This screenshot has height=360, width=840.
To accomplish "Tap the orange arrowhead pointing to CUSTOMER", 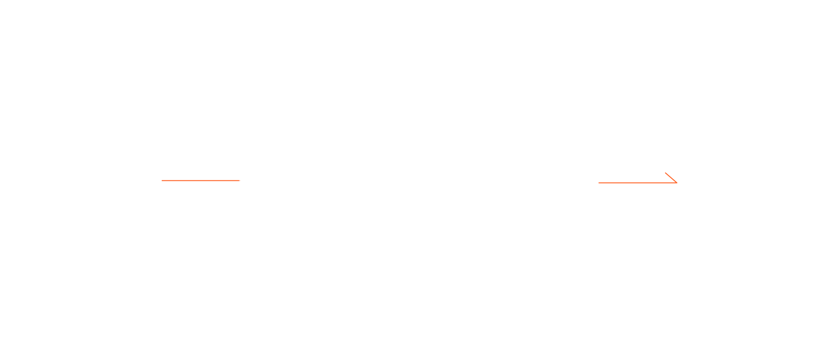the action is (x=672, y=179).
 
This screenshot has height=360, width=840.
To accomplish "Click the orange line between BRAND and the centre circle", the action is (x=200, y=180).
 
